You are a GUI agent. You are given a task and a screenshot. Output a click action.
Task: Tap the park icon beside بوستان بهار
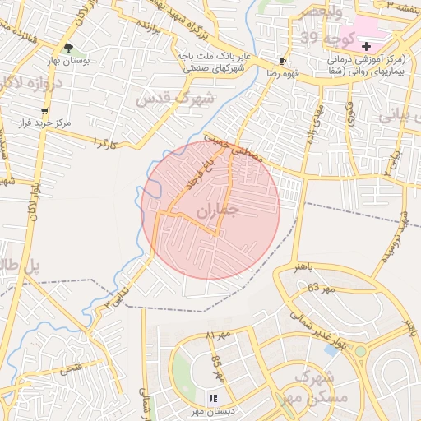(68, 48)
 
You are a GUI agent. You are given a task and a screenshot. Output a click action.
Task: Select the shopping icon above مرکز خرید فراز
(43, 110)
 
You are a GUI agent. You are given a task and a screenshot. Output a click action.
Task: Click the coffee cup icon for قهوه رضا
(283, 62)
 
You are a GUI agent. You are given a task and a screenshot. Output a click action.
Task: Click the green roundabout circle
(360, 351)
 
